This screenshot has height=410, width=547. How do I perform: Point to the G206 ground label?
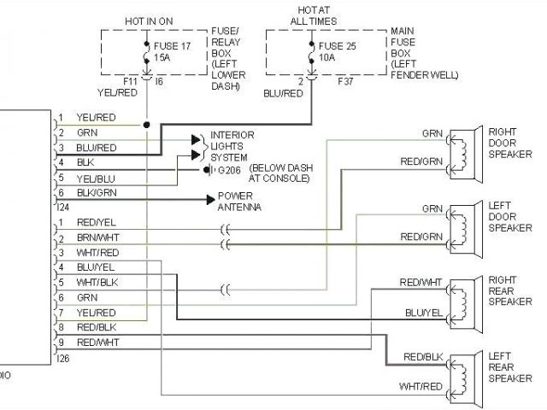[229, 169]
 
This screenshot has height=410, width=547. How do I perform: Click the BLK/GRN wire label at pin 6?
[97, 192]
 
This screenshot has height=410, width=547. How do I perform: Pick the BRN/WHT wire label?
[98, 237]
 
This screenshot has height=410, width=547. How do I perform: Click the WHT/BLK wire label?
[97, 281]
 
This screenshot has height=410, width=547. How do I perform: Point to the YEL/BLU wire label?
[96, 178]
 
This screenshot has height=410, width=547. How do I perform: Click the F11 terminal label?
[130, 82]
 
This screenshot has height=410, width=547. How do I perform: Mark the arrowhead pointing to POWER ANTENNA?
[209, 198]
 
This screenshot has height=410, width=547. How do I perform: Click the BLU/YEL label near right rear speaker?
[424, 313]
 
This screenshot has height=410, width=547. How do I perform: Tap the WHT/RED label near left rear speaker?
[421, 387]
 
